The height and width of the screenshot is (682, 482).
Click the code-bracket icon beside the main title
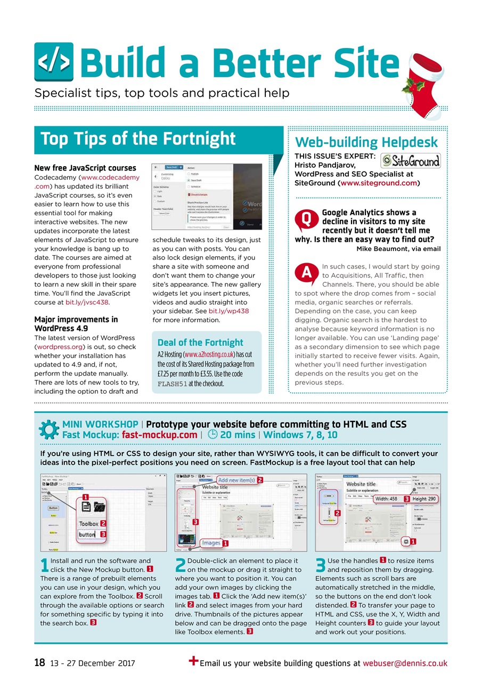coord(54,63)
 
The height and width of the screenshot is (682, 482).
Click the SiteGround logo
coord(411,160)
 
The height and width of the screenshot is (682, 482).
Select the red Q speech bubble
coord(306,218)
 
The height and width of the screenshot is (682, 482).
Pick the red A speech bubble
coord(306,272)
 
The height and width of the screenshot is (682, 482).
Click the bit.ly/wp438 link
coord(228,311)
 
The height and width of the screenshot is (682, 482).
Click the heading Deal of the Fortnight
coord(200,343)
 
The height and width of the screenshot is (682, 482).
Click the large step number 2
coord(181,566)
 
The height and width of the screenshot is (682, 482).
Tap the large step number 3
coord(321,566)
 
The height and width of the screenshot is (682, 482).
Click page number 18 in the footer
coord(39,663)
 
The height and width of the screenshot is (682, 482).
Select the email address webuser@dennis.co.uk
coord(405,663)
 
